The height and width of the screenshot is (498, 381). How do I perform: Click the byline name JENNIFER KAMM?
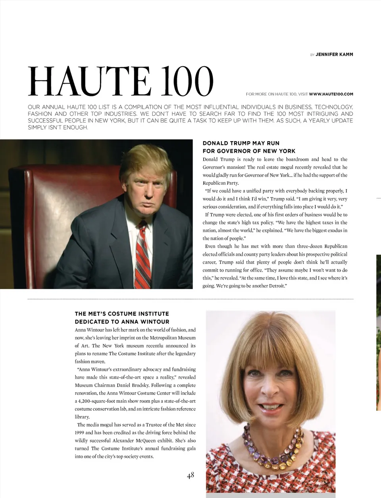pyautogui.click(x=334, y=54)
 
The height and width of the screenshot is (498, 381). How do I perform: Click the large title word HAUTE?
pyautogui.click(x=90, y=81)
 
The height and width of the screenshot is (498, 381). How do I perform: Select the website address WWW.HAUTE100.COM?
pyautogui.click(x=331, y=94)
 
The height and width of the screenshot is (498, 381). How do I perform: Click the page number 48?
pyautogui.click(x=190, y=475)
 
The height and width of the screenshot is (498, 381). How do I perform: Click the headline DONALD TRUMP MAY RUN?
pyautogui.click(x=241, y=143)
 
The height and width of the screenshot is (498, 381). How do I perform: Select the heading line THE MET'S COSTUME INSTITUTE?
pyautogui.click(x=122, y=314)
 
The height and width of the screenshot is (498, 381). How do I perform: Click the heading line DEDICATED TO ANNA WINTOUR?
pyautogui.click(x=122, y=322)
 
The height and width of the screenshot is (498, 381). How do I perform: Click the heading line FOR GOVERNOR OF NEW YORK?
pyautogui.click(x=249, y=151)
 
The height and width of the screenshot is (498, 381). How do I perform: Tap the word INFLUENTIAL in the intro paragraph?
pyautogui.click(x=225, y=107)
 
